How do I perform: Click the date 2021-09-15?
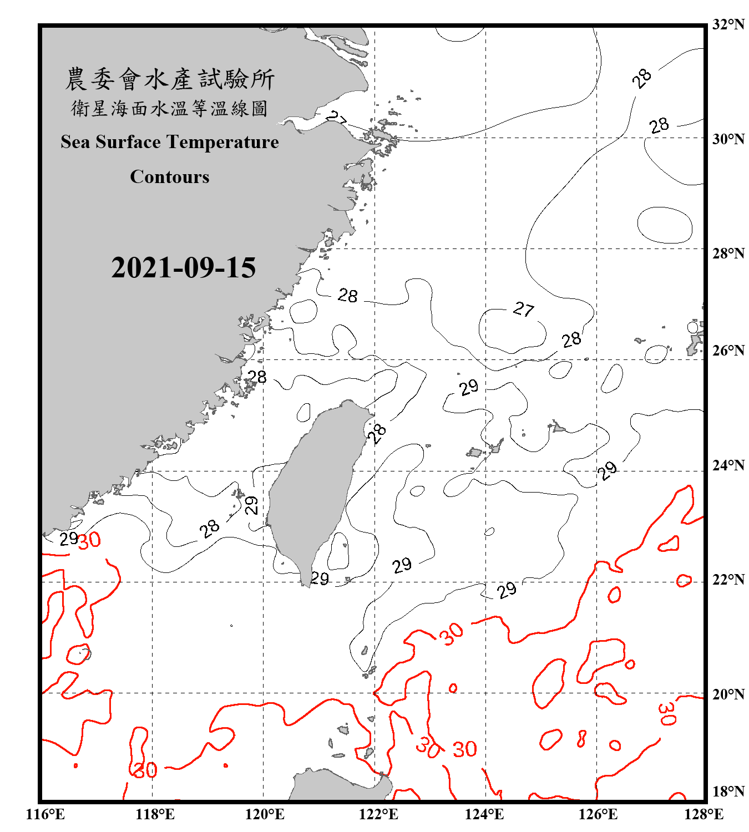183,267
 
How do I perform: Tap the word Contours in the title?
170,177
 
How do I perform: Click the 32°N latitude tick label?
728,24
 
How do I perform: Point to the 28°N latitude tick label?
728,253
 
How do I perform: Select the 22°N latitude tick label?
728,580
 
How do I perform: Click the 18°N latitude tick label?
728,792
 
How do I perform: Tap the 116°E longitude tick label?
45,814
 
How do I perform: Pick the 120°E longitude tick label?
265,814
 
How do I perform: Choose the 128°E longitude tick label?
704,814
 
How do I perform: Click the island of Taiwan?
313,488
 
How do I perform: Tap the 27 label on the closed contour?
523,309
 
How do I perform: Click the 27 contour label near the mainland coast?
336,118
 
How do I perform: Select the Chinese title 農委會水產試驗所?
170,79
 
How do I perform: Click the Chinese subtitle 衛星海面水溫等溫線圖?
170,108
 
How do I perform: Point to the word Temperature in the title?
222,142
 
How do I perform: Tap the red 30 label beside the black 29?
89,540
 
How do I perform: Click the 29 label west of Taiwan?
251,505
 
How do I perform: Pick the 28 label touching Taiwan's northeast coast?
377,434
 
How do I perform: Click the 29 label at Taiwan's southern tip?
320,579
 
